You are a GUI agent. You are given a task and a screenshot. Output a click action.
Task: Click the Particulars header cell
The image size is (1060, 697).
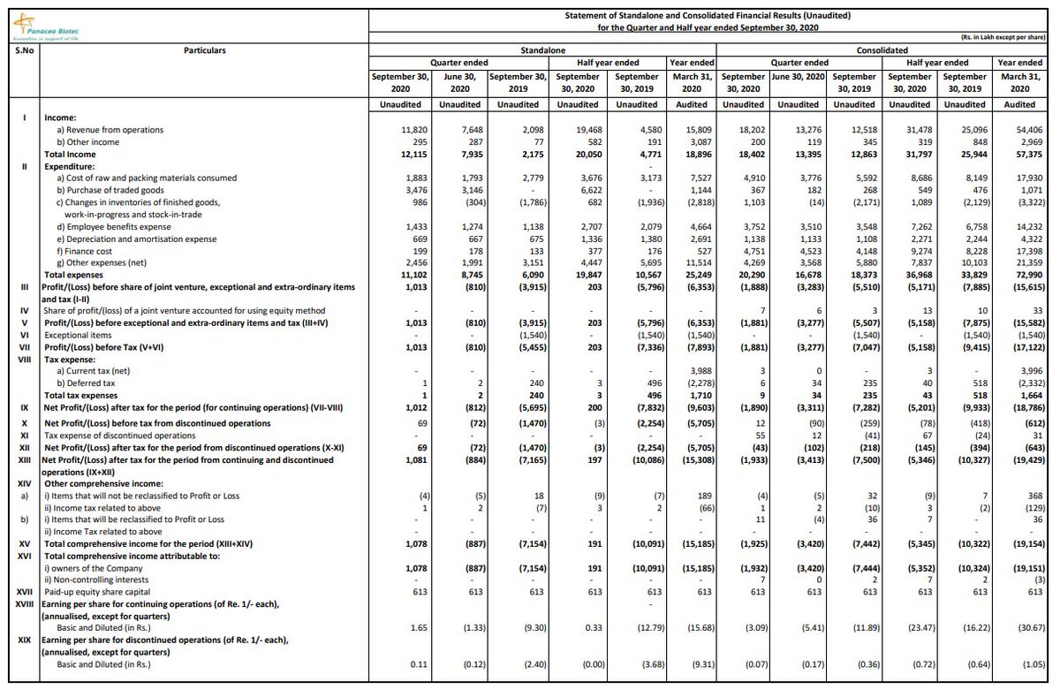pyautogui.click(x=204, y=50)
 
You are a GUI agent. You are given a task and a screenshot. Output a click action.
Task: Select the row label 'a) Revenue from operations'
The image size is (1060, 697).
pyautogui.click(x=110, y=130)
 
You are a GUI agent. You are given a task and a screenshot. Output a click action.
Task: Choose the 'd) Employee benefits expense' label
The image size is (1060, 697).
pyautogui.click(x=116, y=227)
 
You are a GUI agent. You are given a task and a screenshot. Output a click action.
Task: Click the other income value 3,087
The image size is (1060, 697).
pyautogui.click(x=700, y=141)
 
